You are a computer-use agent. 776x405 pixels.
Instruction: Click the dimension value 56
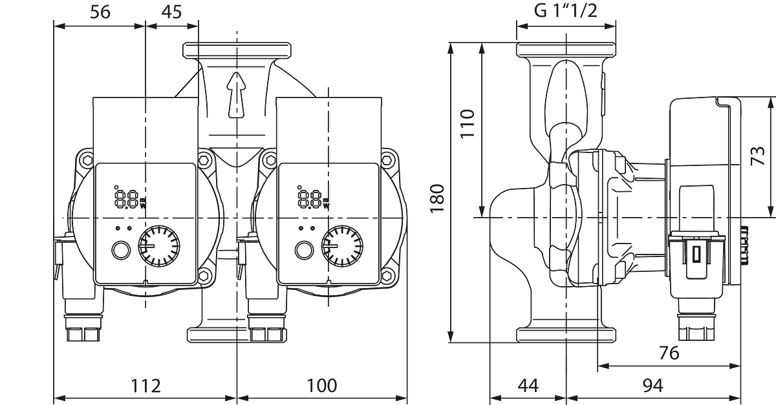(x=100, y=12)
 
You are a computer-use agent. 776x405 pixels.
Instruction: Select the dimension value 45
(x=171, y=12)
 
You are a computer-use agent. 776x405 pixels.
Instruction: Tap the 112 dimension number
(x=145, y=386)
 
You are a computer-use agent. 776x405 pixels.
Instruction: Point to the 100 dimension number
(x=322, y=386)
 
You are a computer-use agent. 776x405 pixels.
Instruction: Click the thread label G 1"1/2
(x=566, y=11)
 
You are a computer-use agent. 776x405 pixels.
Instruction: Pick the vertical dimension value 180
(x=437, y=199)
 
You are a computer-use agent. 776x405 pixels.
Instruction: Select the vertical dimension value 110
(x=468, y=123)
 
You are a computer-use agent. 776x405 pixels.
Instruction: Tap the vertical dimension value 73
(x=758, y=156)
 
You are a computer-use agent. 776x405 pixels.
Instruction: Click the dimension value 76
(x=669, y=353)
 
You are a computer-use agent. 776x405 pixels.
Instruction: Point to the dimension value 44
(x=528, y=386)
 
